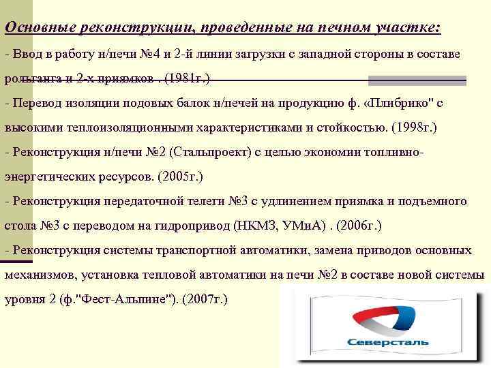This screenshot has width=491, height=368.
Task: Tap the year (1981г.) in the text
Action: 185,78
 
